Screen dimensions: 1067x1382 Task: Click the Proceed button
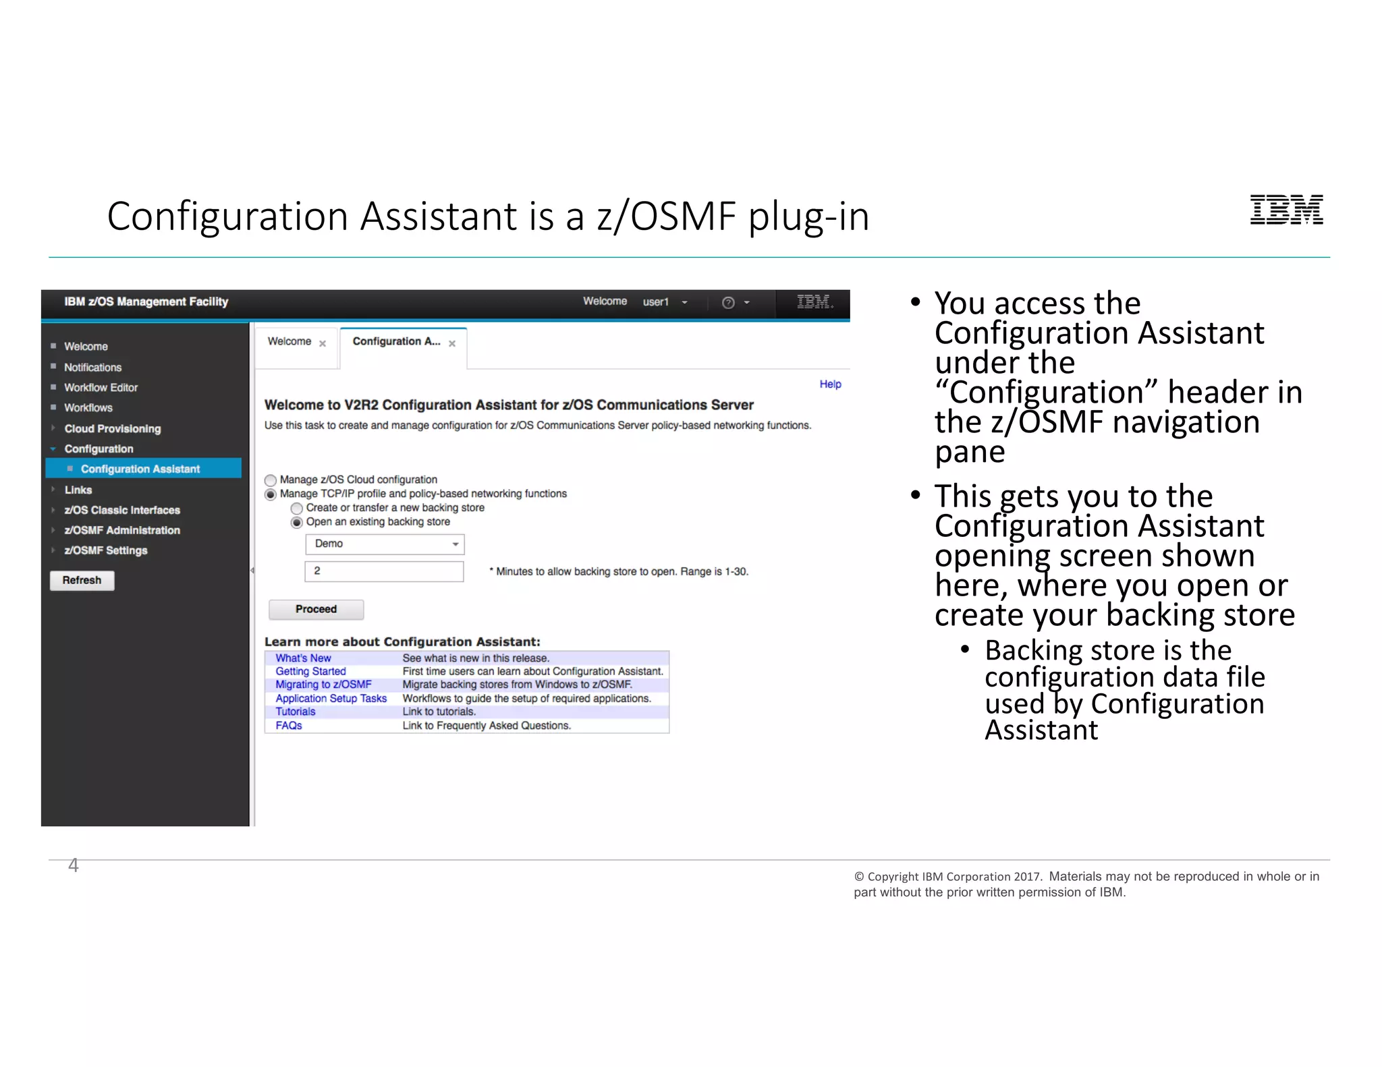click(316, 609)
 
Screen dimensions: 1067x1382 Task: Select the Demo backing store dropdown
click(385, 544)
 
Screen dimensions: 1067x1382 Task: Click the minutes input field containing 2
click(385, 571)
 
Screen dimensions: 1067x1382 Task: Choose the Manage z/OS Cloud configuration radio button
click(271, 480)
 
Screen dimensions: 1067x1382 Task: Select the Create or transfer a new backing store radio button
click(297, 509)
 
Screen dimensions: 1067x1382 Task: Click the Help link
click(830, 384)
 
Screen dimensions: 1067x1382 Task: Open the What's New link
click(303, 658)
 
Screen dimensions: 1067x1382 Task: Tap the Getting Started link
click(310, 671)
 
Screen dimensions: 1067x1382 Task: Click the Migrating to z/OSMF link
click(323, 685)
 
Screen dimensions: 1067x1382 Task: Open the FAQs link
click(289, 726)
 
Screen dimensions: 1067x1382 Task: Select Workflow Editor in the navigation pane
click(101, 388)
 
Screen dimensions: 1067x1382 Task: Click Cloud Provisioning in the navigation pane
click(113, 429)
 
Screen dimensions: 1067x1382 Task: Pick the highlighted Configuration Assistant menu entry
click(140, 469)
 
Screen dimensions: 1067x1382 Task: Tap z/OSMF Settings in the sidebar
click(106, 550)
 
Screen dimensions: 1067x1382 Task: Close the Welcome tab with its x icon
click(323, 343)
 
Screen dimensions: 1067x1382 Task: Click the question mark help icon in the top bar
click(728, 303)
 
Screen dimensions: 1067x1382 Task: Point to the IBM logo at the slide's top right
click(1286, 210)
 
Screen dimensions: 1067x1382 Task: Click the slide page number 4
click(74, 865)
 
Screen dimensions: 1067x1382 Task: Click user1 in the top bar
click(655, 302)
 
